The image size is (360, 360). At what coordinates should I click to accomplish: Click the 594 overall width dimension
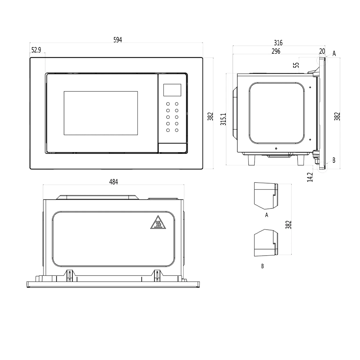[x=118, y=40]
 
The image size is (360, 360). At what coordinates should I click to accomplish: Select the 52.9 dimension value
[x=36, y=50]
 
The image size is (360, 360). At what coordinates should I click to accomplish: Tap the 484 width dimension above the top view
[x=113, y=182]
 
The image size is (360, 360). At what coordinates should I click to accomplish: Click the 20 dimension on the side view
[x=322, y=51]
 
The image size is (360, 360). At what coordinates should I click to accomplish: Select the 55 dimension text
[x=296, y=65]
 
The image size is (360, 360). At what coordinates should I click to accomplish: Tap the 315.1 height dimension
[x=223, y=119]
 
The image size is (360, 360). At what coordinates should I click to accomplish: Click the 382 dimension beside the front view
[x=211, y=116]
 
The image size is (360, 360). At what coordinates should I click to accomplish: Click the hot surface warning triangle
[x=158, y=223]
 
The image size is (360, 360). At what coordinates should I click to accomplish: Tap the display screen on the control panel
[x=172, y=90]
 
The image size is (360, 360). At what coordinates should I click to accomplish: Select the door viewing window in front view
[x=101, y=113]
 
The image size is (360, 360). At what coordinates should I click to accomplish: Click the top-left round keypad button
[x=168, y=104]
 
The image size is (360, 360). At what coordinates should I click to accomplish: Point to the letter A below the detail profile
[x=266, y=215]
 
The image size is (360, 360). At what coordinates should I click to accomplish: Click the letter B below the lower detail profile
[x=262, y=266]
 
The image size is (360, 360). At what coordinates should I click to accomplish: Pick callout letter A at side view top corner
[x=334, y=53]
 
